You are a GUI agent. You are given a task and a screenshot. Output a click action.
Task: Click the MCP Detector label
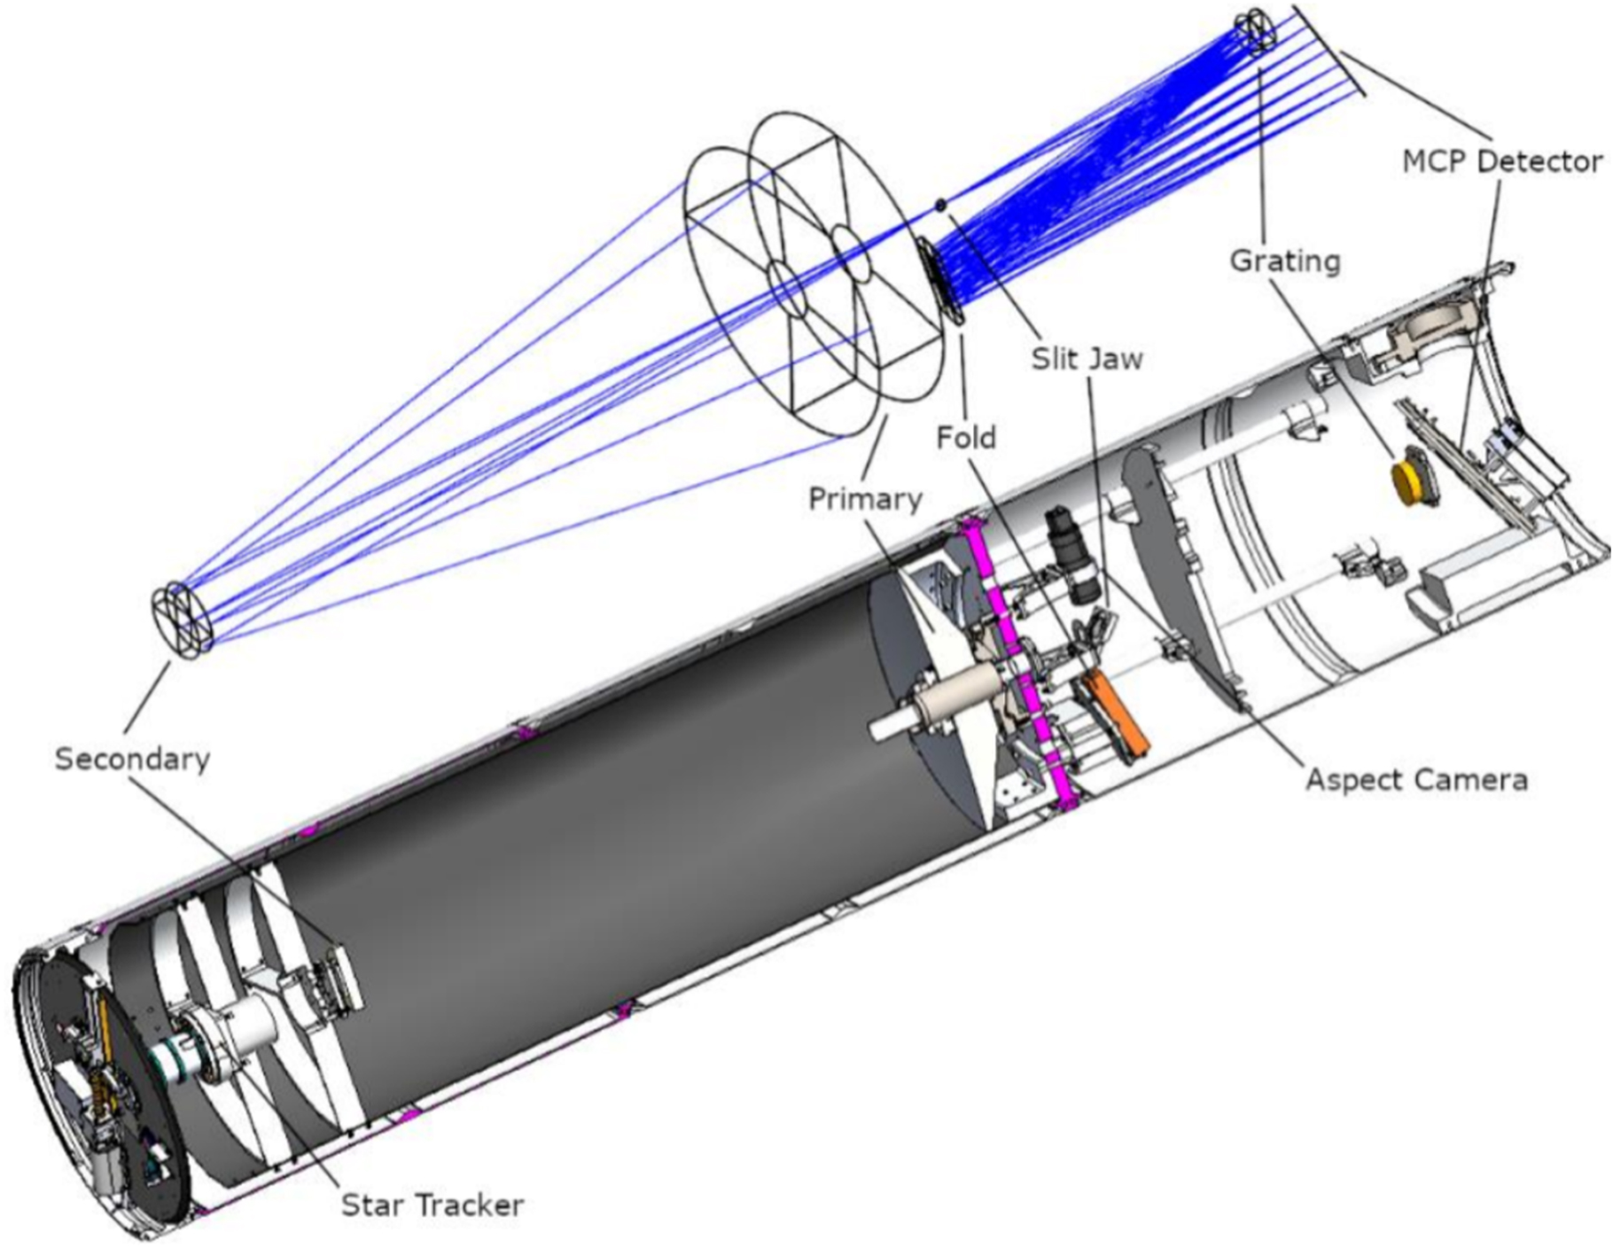[1502, 161]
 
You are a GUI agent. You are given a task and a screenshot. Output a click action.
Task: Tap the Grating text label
[1285, 261]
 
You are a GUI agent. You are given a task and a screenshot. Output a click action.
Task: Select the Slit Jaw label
[1087, 358]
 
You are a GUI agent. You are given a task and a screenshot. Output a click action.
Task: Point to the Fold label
[966, 437]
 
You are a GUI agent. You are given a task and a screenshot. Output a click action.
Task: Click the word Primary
[865, 499]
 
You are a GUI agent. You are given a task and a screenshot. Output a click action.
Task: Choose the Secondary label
[133, 759]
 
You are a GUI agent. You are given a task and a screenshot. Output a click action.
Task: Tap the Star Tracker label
[432, 1205]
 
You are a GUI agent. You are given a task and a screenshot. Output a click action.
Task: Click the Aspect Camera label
[1417, 779]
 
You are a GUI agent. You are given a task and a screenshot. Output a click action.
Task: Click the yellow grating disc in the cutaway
[1407, 480]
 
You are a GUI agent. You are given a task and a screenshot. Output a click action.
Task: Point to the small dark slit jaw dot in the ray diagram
[941, 206]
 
